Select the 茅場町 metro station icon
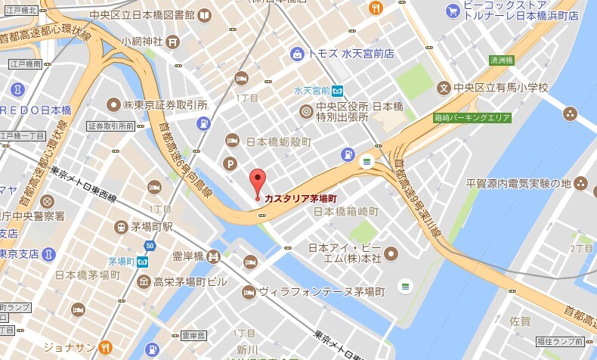coord(142,262)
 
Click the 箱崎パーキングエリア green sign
coord(472,118)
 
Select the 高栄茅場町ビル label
coord(190,282)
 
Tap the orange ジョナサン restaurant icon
coord(107,347)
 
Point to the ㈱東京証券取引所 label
coord(165,104)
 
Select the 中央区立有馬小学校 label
coord(500,88)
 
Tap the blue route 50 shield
coord(151,246)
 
